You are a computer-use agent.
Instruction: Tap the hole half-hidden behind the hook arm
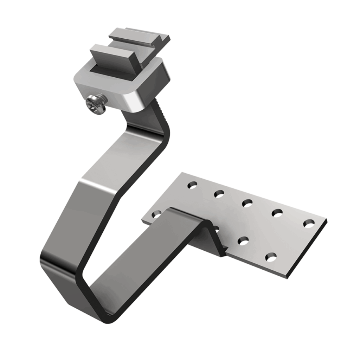(x=156, y=213)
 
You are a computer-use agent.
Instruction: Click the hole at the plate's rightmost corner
(x=309, y=223)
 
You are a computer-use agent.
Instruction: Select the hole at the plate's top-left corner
(x=192, y=185)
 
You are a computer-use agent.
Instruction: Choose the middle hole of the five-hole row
(x=247, y=203)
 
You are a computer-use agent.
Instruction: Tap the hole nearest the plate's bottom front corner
(x=270, y=257)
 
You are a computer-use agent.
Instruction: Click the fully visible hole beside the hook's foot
(x=243, y=241)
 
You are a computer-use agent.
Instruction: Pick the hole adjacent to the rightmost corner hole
(x=277, y=212)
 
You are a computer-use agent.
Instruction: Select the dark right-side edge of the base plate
(x=309, y=250)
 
